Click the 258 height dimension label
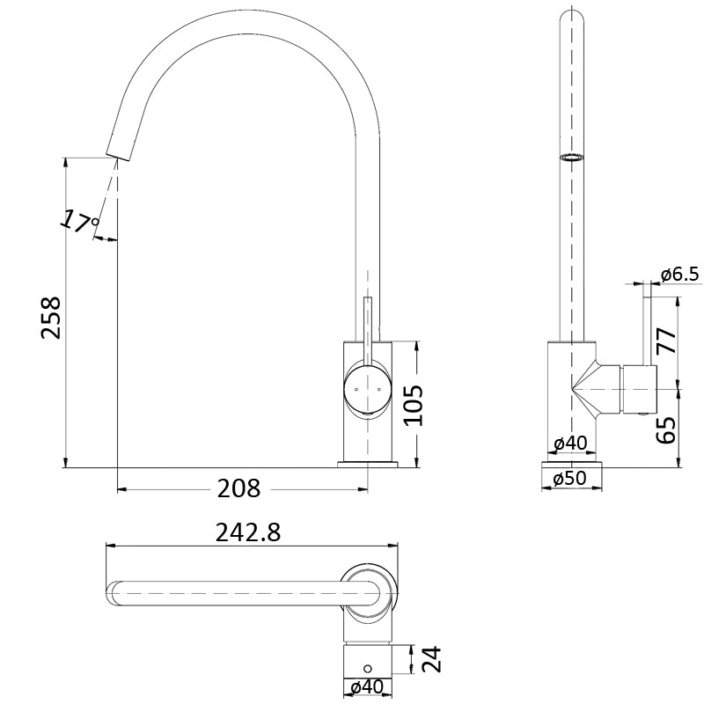coord(50,317)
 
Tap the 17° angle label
coord(80,221)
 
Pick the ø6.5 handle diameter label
coord(679,275)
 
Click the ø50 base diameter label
coord(570,480)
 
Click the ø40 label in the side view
coord(569,443)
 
